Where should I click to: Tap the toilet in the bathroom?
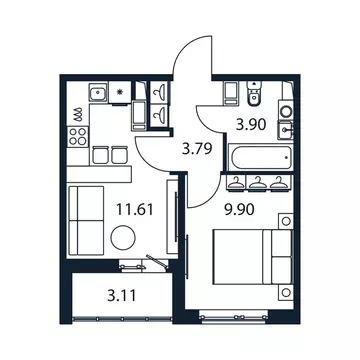click(254, 95)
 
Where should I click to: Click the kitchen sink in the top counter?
click(97, 96)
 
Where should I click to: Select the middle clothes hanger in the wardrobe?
click(257, 182)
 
